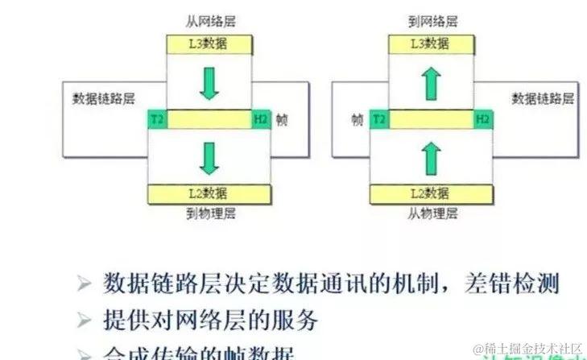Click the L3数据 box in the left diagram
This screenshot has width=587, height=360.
pyautogui.click(x=209, y=45)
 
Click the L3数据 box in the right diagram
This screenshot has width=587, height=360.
pyautogui.click(x=431, y=45)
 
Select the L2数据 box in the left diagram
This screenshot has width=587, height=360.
pyautogui.click(x=209, y=193)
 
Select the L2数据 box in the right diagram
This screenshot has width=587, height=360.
pyautogui.click(x=431, y=193)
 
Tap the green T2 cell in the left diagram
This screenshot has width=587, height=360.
pyautogui.click(x=157, y=120)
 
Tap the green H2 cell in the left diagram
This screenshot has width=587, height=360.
pyautogui.click(x=261, y=120)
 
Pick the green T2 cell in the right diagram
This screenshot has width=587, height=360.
pyautogui.click(x=379, y=120)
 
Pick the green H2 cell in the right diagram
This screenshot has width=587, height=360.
pyautogui.click(x=482, y=120)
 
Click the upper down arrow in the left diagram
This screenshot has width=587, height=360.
pyautogui.click(x=209, y=84)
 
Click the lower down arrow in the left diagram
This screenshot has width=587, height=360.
pyautogui.click(x=209, y=156)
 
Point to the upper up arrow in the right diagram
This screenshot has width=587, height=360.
pyautogui.click(x=432, y=82)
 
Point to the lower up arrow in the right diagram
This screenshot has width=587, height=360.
pyautogui.click(x=432, y=155)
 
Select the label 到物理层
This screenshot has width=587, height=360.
pyautogui.click(x=209, y=213)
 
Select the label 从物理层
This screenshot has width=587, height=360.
pyautogui.click(x=431, y=213)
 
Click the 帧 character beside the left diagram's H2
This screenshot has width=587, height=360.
pyautogui.click(x=282, y=120)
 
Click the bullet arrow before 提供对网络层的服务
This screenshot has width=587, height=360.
pyautogui.click(x=85, y=321)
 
